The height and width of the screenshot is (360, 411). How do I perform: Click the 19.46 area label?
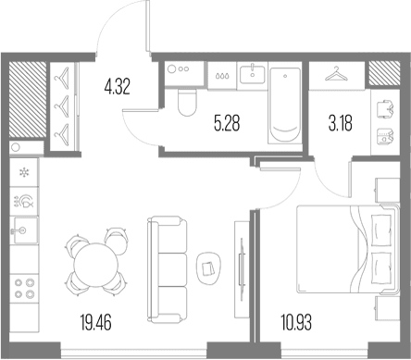[95, 322]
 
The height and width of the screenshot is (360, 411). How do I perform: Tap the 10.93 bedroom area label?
[296, 322]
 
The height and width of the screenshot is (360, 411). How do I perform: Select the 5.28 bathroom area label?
[227, 123]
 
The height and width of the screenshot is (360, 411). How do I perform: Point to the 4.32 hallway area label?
[118, 86]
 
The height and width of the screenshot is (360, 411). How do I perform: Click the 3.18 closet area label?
[341, 123]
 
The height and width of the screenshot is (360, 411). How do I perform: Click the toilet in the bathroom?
[187, 103]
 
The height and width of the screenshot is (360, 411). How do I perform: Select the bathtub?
[285, 105]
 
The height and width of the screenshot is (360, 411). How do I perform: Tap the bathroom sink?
[253, 74]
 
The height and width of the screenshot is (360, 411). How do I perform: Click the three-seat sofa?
[168, 269]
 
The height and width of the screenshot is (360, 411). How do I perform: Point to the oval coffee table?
[208, 268]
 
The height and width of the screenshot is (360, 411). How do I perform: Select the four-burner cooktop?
[24, 289]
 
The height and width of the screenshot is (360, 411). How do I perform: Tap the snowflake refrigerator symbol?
[24, 172]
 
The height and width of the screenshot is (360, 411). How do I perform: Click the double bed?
[348, 249]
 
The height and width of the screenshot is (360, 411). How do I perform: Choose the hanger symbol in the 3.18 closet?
[337, 74]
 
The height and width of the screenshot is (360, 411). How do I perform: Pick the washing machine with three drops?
[222, 76]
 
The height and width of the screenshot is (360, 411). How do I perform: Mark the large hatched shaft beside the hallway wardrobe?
[28, 99]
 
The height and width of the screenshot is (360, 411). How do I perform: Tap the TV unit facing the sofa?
[242, 269]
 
